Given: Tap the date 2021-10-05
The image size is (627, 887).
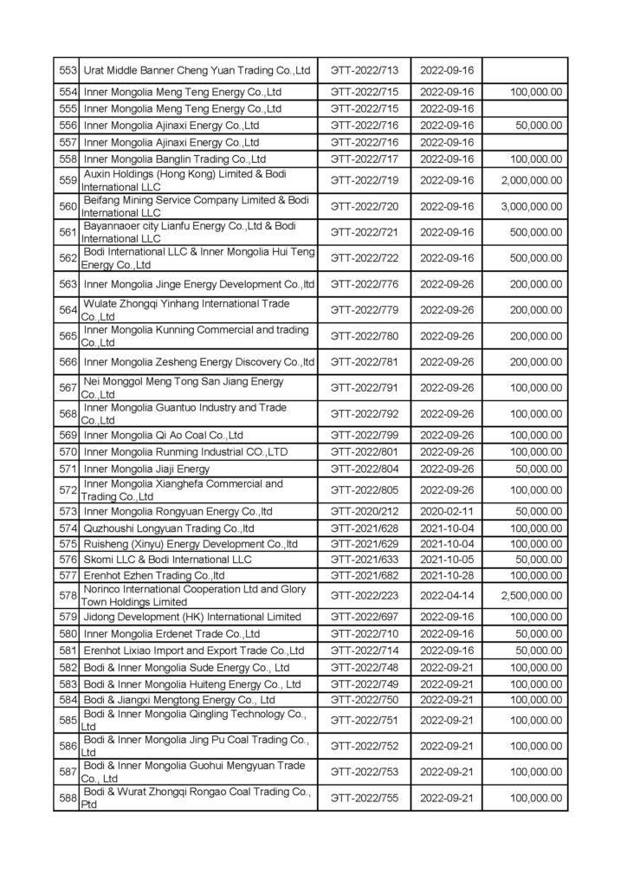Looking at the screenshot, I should (445, 560).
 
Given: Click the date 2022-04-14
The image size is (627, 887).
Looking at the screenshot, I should (445, 596).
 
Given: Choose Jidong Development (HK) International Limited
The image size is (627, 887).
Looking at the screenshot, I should (191, 617).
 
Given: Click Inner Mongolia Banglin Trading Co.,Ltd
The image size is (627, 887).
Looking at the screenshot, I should (174, 159).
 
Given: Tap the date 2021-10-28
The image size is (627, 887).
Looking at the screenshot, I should (445, 574).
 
